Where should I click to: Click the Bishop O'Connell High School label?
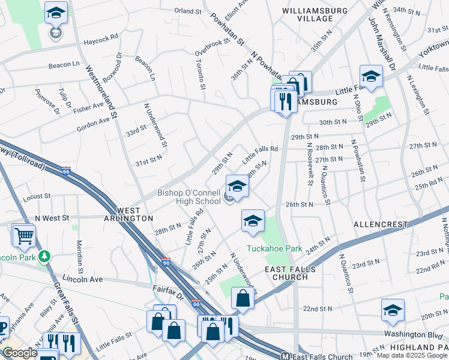click(x=189, y=197)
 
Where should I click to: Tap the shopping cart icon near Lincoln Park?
click(x=23, y=235)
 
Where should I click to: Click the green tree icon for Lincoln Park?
click(x=44, y=257)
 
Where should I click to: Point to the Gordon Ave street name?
click(x=93, y=124)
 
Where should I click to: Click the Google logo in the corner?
click(x=20, y=353)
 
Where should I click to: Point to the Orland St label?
click(x=187, y=11)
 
